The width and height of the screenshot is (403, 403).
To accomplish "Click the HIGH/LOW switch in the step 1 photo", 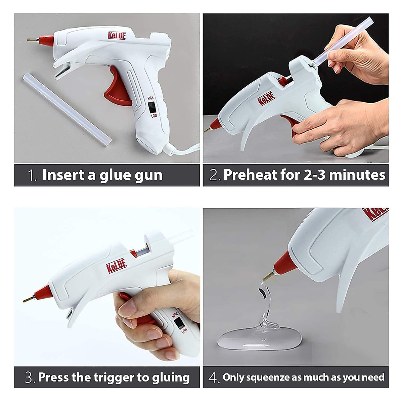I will pos(152,107).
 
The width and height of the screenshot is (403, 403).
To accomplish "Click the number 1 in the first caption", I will pos(32,176).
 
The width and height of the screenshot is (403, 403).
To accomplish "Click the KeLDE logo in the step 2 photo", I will pos(266,99).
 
